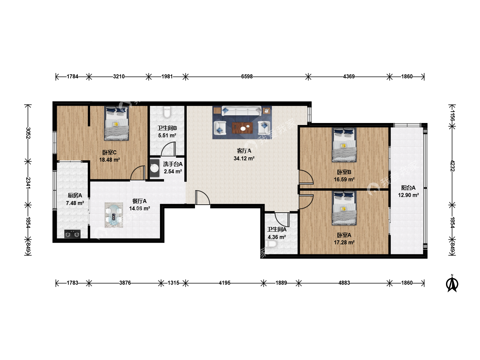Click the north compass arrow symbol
coord(452,283)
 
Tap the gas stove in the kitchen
coord(72,234)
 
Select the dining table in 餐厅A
coord(114,215)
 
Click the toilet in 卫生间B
coord(167,112)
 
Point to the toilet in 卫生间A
coord(271,244)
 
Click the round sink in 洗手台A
coord(155,168)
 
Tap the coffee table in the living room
coord(242,128)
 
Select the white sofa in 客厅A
coord(241,111)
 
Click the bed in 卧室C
coord(116,123)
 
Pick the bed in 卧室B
coord(344,145)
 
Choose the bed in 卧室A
coord(344,208)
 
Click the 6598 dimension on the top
coord(247,77)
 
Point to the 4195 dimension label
coord(225,283)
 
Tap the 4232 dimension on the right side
coord(452,166)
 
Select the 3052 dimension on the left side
coord(28,133)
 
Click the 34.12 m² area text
coord(244,158)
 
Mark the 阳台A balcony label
coord(408,188)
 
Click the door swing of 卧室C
coord(138,173)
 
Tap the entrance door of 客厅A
coord(202,198)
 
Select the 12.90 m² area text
coord(408,195)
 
